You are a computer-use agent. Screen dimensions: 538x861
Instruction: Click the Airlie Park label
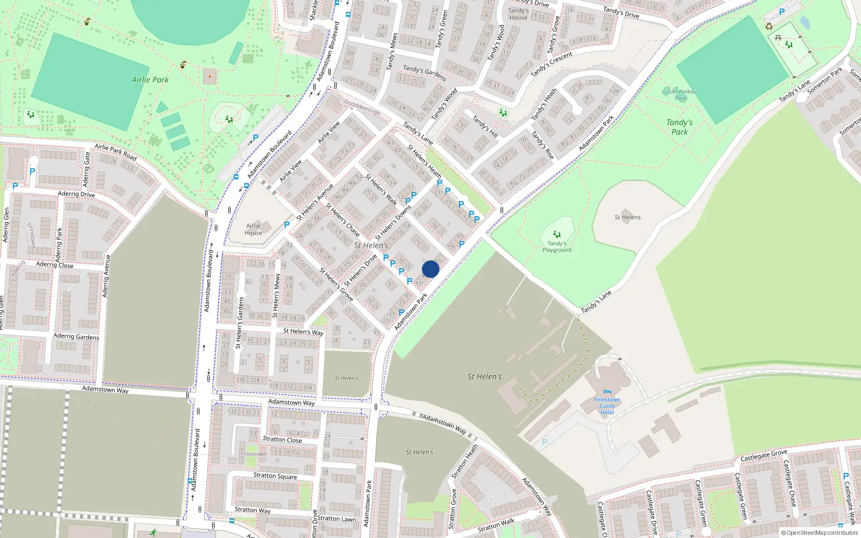(150, 80)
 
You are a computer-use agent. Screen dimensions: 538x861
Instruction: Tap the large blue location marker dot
(430, 269)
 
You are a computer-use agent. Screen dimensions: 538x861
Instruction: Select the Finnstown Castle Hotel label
(607, 406)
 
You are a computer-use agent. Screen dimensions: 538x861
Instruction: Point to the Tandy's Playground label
(557, 246)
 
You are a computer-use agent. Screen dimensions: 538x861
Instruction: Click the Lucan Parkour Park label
(680, 95)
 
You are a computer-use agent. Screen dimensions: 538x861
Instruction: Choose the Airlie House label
(253, 229)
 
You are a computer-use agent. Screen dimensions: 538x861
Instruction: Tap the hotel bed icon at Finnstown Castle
(608, 392)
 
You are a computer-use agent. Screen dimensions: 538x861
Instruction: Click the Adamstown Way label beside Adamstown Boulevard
(105, 389)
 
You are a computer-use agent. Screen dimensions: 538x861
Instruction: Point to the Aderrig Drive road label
(76, 194)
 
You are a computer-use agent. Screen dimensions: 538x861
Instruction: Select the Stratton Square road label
(275, 476)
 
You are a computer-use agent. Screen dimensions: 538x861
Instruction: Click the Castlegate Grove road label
(764, 456)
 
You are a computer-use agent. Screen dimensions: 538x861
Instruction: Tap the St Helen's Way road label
(304, 331)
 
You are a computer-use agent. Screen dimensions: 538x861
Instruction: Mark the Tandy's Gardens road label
(424, 73)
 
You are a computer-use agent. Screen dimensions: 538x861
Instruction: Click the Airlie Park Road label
(115, 152)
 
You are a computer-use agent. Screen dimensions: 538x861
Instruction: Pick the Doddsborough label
(362, 107)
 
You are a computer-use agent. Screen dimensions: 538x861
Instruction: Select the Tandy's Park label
(680, 127)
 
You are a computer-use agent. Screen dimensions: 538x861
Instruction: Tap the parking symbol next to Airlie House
(287, 225)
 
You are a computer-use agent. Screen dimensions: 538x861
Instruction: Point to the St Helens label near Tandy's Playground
(627, 217)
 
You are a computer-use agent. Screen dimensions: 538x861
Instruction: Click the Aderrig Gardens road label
(76, 336)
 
